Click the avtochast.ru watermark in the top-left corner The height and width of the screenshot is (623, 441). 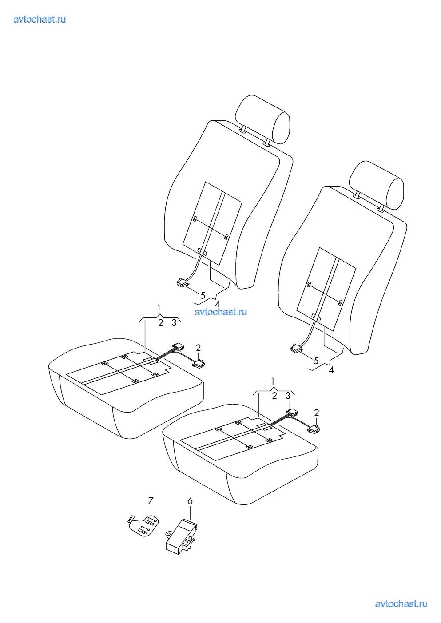(40, 20)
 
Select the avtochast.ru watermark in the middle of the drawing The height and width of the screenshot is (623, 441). (221, 312)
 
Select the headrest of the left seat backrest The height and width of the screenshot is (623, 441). (262, 119)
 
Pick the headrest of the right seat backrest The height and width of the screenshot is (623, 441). (376, 185)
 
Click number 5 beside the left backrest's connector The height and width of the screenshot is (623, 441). (203, 295)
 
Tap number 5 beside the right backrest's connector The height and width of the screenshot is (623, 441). (316, 361)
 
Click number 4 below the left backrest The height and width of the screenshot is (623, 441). (217, 304)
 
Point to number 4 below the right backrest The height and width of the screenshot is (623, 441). (331, 369)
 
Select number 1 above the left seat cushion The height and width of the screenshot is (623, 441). (159, 308)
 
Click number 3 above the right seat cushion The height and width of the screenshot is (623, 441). (288, 396)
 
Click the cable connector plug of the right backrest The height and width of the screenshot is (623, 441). (296, 349)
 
